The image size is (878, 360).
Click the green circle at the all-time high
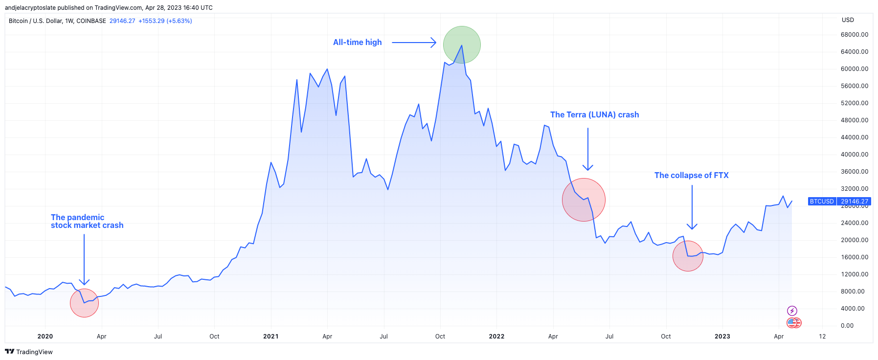[x=462, y=45]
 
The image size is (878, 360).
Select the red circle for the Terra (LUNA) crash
[x=584, y=200]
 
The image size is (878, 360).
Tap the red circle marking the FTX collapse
[x=688, y=256]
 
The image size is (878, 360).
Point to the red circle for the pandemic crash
[x=84, y=303]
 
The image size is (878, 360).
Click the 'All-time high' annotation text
[x=357, y=43]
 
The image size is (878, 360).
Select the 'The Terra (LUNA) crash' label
[x=594, y=115]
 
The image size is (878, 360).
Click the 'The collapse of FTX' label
[x=691, y=176]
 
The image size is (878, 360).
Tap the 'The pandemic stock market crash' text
[x=87, y=222]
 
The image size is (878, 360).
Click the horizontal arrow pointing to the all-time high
[x=414, y=43]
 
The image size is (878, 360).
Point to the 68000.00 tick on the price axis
[x=854, y=35]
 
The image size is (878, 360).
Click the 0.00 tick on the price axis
[x=847, y=326]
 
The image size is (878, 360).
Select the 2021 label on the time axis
[x=270, y=337]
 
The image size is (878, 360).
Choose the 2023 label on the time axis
[x=722, y=337]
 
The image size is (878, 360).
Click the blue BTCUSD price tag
[x=839, y=202]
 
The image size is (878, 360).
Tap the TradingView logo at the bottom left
[x=29, y=352]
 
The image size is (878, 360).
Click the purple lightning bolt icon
[x=792, y=311]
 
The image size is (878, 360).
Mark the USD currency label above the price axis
[x=848, y=20]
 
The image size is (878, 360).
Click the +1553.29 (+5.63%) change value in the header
[x=165, y=21]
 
